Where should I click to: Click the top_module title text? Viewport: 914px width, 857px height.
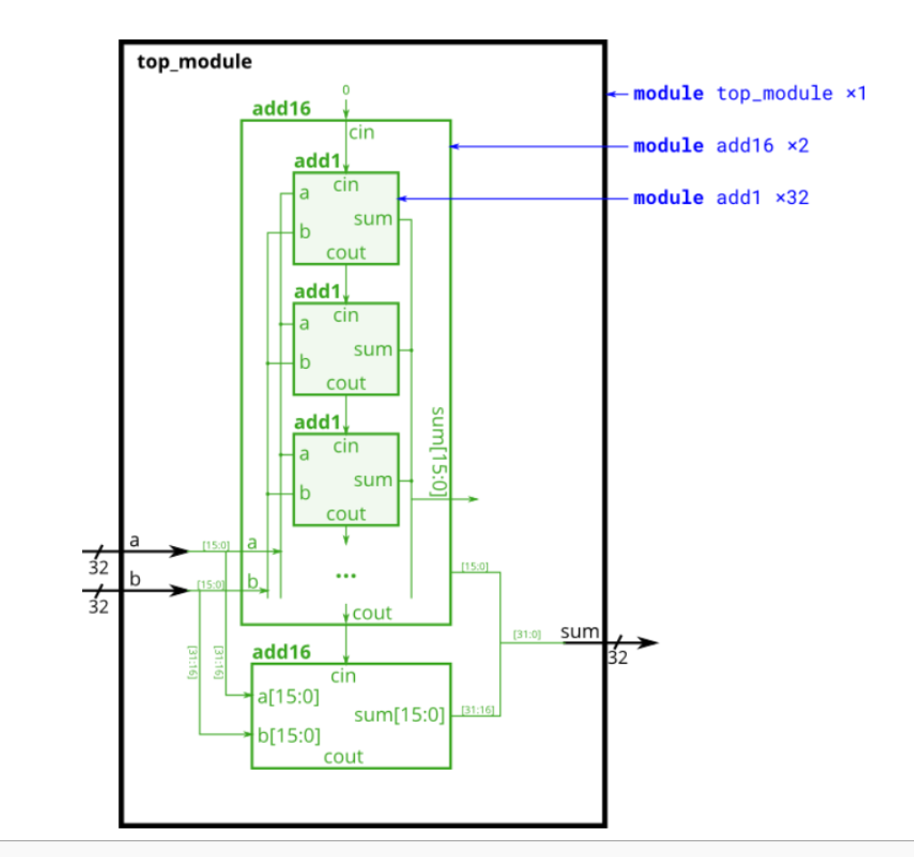tap(194, 62)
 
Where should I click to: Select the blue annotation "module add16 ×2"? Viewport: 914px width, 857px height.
tap(720, 145)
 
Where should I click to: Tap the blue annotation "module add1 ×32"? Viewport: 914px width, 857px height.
tap(720, 197)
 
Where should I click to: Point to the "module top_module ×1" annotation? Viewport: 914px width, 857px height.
tap(749, 94)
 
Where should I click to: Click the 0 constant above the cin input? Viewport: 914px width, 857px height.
tap(346, 90)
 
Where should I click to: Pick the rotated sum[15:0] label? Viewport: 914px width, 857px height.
tap(438, 451)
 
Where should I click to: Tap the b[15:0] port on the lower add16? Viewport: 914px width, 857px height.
tap(288, 736)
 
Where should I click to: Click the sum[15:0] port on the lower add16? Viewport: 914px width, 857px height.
tap(399, 714)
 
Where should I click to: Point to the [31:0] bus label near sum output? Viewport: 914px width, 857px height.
tap(527, 635)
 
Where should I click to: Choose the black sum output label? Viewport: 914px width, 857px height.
tap(580, 632)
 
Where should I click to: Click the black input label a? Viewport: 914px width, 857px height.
tap(135, 540)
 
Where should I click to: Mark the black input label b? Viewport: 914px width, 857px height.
tap(135, 579)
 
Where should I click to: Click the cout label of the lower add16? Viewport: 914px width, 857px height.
tap(343, 756)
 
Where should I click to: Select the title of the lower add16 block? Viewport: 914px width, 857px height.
tap(282, 652)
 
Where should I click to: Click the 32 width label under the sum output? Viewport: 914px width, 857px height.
tap(617, 658)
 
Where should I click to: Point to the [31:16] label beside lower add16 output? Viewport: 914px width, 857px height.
tap(474, 710)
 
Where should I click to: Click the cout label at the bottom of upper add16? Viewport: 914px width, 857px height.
tap(372, 613)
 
